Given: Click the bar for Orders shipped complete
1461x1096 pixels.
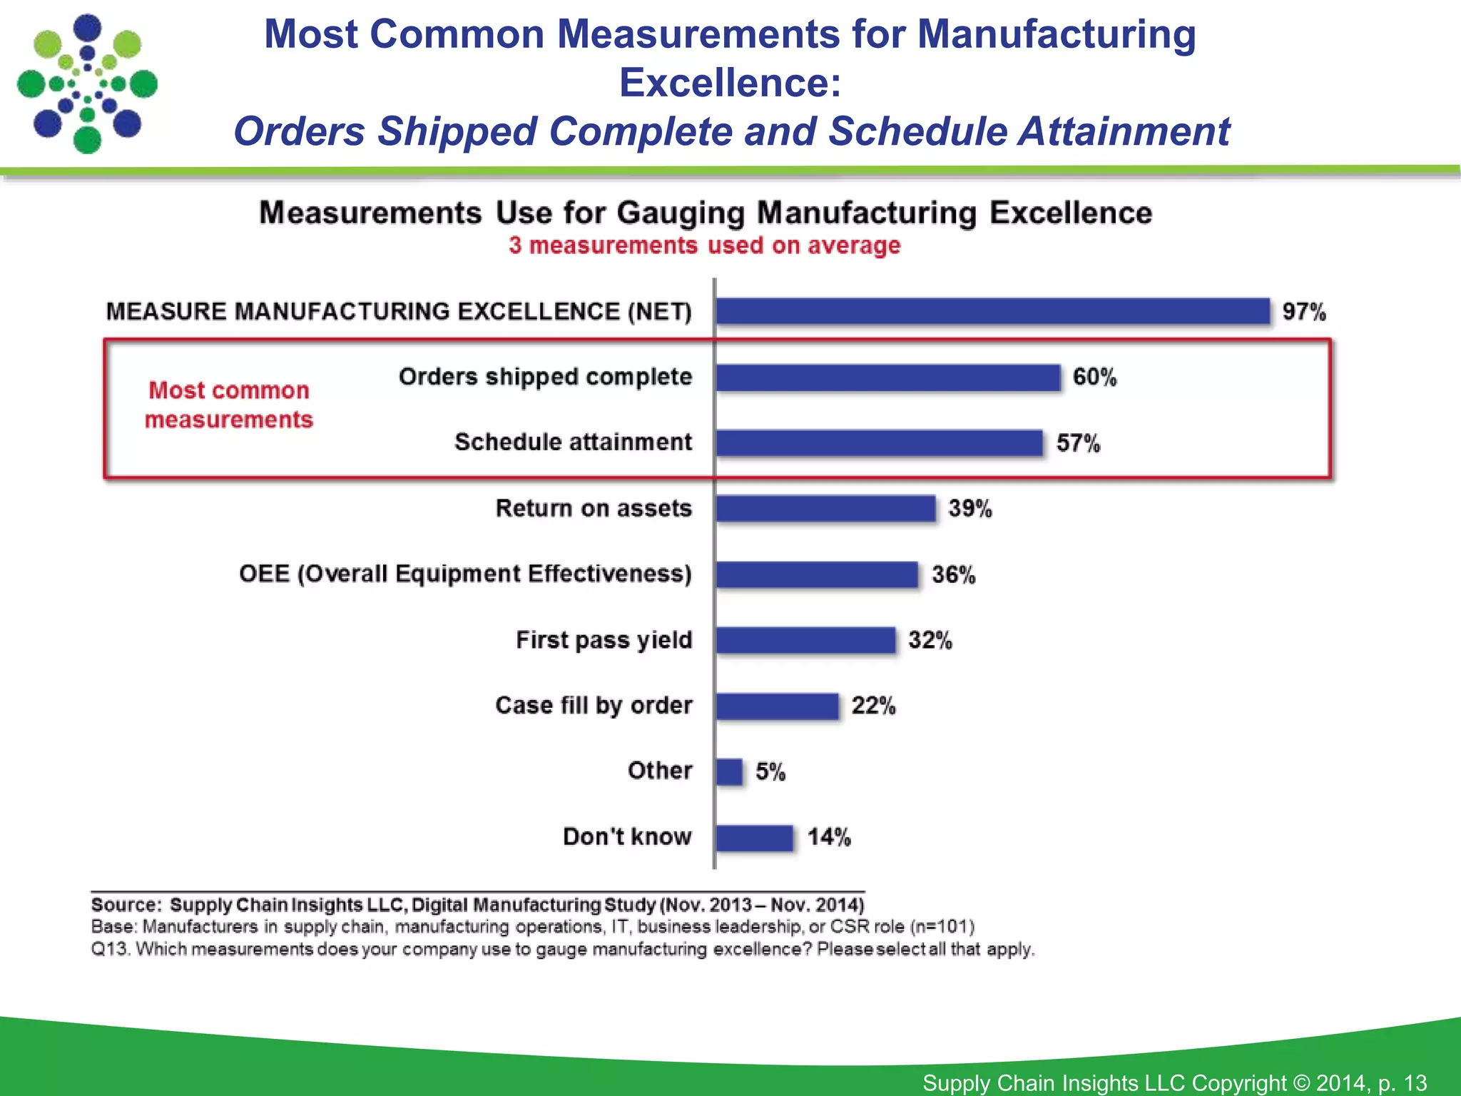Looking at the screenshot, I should click(888, 377).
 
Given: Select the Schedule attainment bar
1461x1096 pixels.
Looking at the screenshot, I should click(879, 443).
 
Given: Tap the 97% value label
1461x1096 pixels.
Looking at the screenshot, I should click(1303, 312).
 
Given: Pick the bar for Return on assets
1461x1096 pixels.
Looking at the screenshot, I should click(825, 509).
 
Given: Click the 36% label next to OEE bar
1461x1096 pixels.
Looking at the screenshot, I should click(953, 574).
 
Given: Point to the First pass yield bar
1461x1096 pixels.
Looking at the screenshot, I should click(805, 640).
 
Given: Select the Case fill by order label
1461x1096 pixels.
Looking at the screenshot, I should click(594, 706).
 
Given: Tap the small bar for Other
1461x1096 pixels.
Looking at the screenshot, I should click(729, 771).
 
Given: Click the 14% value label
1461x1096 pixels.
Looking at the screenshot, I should click(829, 837).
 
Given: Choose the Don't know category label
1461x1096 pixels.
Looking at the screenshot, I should click(627, 836).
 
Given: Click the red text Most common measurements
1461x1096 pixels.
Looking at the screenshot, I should click(228, 405).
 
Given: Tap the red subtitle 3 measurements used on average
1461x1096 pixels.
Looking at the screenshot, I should click(704, 245).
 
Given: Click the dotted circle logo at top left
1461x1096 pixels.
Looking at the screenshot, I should click(87, 83).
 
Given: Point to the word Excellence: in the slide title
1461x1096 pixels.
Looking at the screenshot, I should click(730, 83).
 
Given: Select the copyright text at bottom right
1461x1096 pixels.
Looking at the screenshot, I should click(1174, 1082).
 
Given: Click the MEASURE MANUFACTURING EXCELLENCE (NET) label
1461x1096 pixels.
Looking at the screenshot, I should click(399, 312).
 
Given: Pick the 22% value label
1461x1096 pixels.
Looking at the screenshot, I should click(873, 706).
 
